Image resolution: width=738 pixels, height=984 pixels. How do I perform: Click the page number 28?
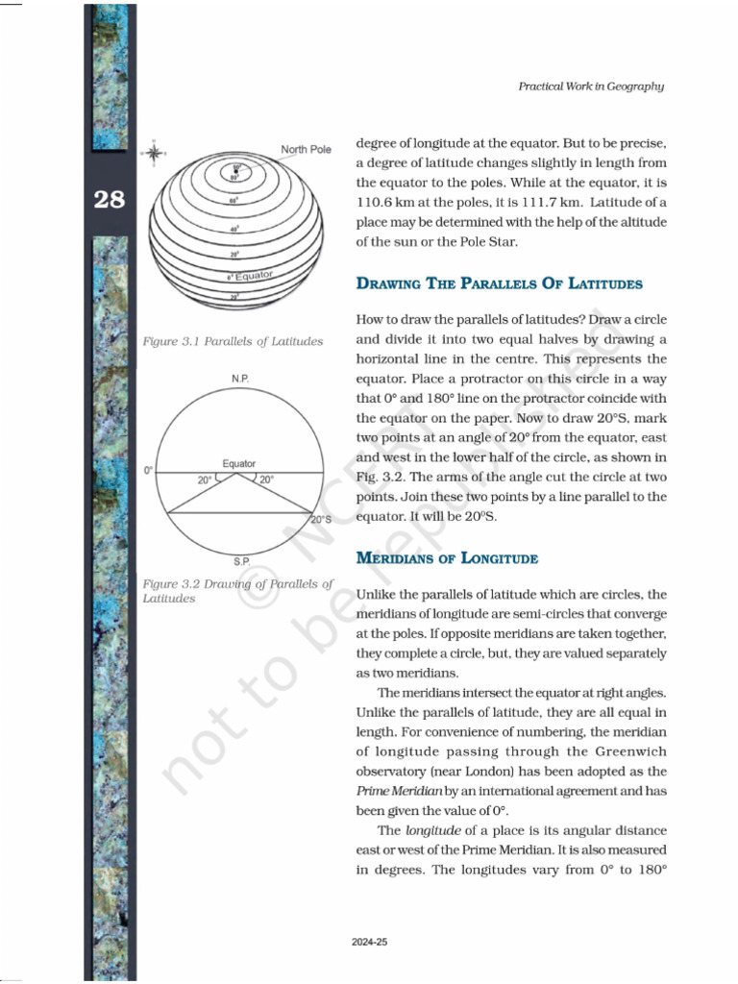coord(109,200)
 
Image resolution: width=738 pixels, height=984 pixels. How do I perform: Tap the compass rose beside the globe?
coord(154,152)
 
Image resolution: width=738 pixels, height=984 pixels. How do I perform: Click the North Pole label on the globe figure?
coord(306,149)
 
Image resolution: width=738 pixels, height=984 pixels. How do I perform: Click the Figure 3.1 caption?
coord(232,341)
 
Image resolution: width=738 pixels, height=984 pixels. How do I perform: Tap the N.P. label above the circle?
coord(239,380)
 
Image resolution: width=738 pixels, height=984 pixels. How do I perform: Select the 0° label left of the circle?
coord(148,471)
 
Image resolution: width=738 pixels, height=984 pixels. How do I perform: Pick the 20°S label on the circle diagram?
coord(322,520)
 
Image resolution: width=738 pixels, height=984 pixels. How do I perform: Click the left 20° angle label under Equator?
coord(205,480)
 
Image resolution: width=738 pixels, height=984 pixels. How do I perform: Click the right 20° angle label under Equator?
coord(266,480)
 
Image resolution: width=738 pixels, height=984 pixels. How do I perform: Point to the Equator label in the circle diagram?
coord(239,463)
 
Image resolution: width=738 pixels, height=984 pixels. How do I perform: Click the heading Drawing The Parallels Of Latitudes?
coord(499,283)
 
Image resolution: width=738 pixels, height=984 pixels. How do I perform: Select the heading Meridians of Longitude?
coord(447,558)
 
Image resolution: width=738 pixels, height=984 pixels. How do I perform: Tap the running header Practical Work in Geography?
coord(591,86)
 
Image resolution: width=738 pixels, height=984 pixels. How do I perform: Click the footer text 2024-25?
coord(369,943)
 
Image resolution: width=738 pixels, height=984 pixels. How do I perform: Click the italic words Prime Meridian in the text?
coord(398,791)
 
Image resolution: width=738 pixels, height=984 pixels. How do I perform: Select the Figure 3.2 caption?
coord(236,591)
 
